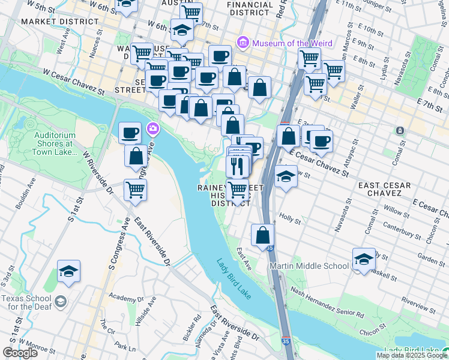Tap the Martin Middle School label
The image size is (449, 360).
coord(309,266)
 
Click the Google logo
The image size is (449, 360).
coord(20,353)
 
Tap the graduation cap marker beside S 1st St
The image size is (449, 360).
coord(69,271)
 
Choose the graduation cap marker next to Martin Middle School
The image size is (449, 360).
coord(364,259)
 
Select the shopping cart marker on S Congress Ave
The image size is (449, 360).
coord(136,190)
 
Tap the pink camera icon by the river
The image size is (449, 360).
coord(153,128)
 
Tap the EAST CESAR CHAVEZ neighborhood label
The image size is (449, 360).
coord(388,188)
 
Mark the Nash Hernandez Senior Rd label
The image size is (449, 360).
coord(327,301)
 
